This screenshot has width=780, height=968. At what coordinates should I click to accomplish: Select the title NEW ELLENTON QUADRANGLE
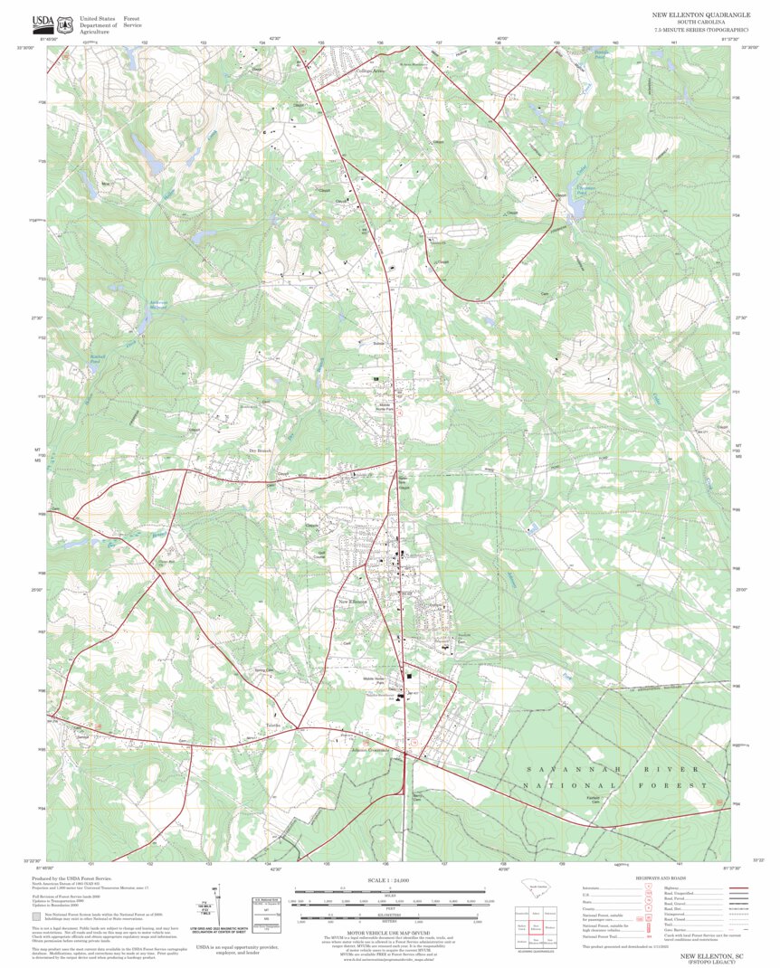(x=695, y=15)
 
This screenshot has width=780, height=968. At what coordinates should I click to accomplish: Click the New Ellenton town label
(x=352, y=602)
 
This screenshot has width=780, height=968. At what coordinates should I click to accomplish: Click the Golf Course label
(x=320, y=553)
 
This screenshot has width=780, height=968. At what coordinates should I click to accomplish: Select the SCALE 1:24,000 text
(x=390, y=880)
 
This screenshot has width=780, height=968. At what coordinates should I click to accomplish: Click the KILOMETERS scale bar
(x=390, y=915)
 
